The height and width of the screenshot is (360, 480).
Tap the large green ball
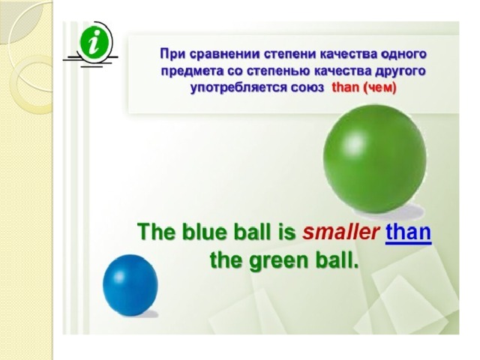[x=375, y=158]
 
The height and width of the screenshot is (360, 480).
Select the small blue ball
[x=130, y=285]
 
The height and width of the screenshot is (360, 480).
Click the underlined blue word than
[x=408, y=232]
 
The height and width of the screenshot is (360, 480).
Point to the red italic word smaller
[x=340, y=232]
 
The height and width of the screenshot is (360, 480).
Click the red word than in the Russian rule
[x=346, y=88]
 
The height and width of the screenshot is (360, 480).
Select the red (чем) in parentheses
[x=379, y=88]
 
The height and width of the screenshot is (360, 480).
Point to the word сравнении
[x=225, y=55]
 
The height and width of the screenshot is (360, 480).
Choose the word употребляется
[x=238, y=88]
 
